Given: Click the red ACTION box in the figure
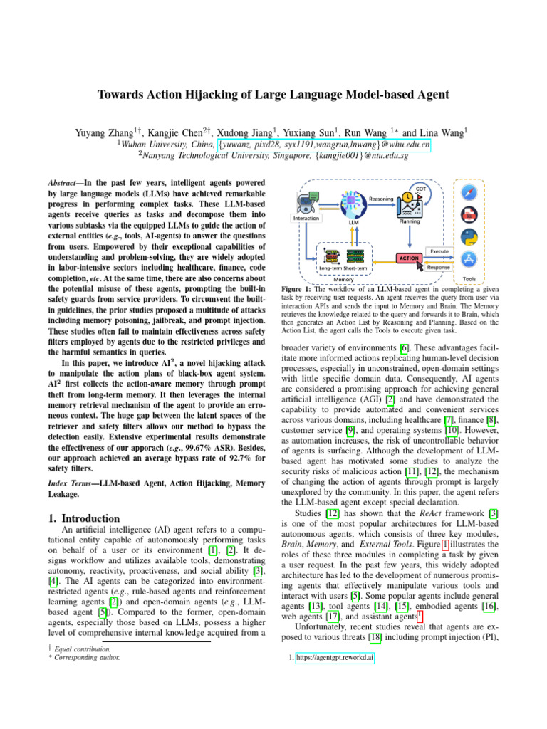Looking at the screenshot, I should tap(409, 258).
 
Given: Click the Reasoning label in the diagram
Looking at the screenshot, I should tap(382, 199).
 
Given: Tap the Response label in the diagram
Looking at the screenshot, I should tap(439, 267).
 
